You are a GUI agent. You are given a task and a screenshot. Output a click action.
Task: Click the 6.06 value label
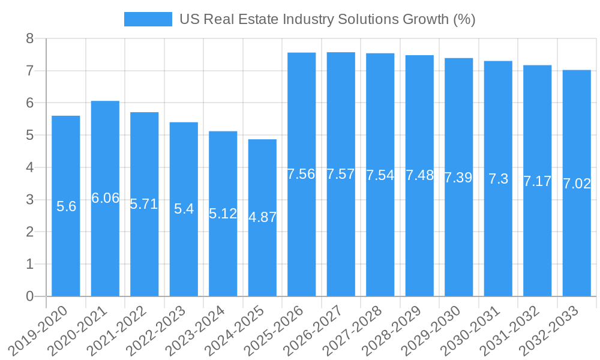(x=106, y=198)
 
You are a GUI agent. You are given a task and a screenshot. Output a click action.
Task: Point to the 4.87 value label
(x=263, y=217)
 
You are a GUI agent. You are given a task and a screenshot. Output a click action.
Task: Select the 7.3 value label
(x=498, y=179)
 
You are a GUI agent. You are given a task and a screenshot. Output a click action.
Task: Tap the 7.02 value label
(x=577, y=184)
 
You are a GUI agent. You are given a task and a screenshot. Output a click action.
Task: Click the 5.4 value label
(x=184, y=209)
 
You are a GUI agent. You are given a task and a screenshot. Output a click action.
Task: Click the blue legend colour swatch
(x=148, y=19)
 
